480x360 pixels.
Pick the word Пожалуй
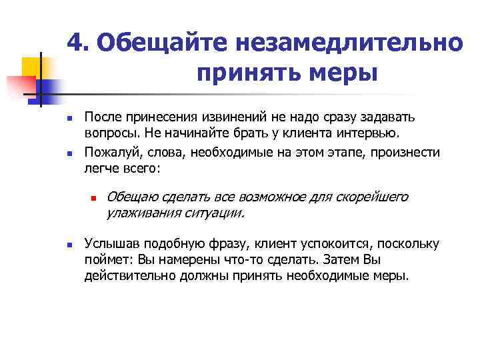(x=110, y=152)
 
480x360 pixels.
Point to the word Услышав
(x=109, y=243)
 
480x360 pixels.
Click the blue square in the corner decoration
(x=48, y=89)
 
